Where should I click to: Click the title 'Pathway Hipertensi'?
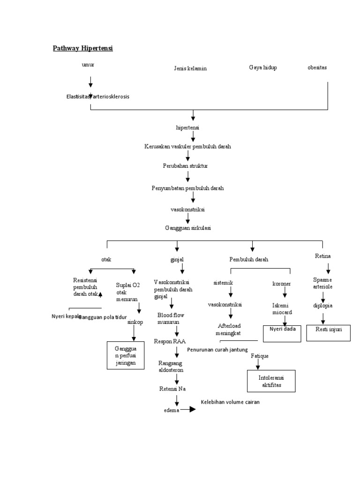(x=83, y=48)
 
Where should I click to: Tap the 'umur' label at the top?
(x=88, y=65)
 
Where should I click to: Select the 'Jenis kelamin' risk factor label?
(x=190, y=68)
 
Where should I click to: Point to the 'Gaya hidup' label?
(x=263, y=67)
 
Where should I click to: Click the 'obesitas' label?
(x=317, y=67)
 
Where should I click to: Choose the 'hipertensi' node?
(x=187, y=127)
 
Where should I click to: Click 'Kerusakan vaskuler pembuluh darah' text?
(x=187, y=147)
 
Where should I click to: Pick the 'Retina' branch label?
(x=323, y=256)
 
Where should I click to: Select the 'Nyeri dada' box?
(x=282, y=333)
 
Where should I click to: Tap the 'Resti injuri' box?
(x=328, y=332)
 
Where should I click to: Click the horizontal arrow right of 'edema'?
(x=188, y=409)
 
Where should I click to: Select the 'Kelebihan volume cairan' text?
(x=230, y=402)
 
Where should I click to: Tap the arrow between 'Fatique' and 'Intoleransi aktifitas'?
(x=258, y=365)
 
